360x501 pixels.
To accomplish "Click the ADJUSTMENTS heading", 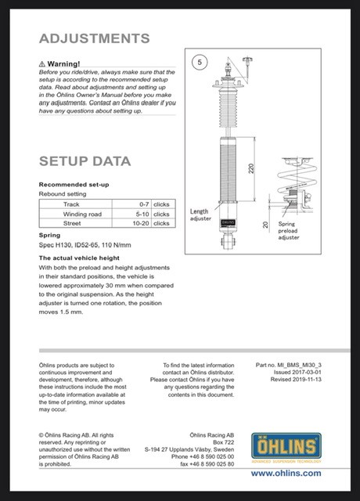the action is click(x=94, y=38).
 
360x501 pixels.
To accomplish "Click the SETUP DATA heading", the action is click(x=85, y=161).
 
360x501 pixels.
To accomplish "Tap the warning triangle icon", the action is click(x=41, y=64).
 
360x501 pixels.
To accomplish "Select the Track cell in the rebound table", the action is click(x=71, y=204).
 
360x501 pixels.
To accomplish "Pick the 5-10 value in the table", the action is click(x=142, y=214).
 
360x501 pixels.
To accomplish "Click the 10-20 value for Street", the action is click(x=141, y=223).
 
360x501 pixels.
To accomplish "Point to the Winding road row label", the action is click(x=82, y=214).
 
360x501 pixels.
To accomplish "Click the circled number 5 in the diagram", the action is click(x=200, y=62).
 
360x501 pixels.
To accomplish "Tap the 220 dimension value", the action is click(x=251, y=168).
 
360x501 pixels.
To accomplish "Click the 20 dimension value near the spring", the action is click(x=265, y=225).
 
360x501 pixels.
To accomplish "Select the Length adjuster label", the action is click(x=200, y=214).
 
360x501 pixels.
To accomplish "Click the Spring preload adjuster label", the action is click(x=289, y=231).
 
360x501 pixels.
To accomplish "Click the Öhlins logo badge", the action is click(x=286, y=446).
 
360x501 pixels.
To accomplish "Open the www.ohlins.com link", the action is click(x=286, y=473).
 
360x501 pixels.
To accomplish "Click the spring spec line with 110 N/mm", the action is click(x=85, y=245).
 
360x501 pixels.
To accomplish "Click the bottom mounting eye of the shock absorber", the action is click(x=228, y=240).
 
